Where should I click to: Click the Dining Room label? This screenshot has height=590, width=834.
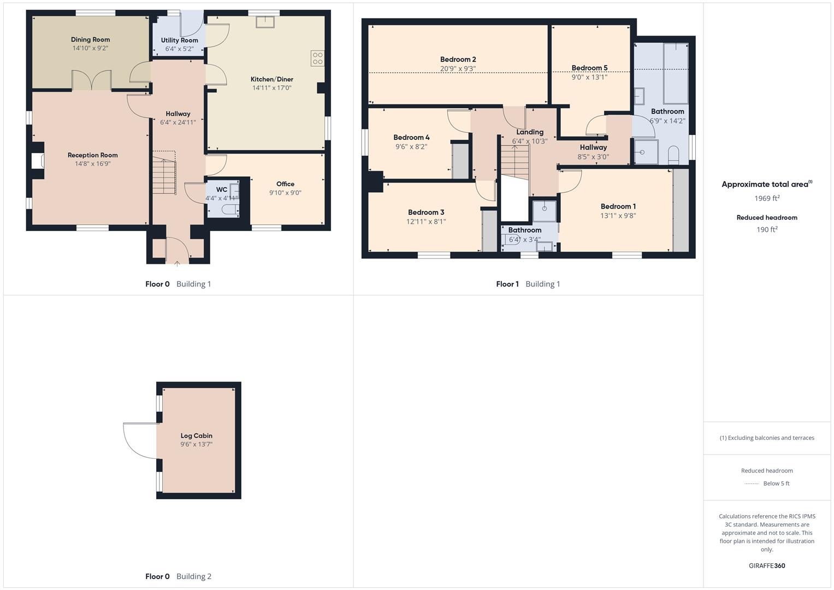90,39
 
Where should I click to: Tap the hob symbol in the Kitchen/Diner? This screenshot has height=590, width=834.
317,58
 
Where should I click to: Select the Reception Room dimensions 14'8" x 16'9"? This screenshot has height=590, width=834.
93,164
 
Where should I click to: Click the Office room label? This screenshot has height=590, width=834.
285,184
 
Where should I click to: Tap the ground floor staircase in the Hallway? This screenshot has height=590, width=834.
164,175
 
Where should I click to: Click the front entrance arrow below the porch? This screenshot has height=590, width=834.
177,264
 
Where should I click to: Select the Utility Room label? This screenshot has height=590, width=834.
179,40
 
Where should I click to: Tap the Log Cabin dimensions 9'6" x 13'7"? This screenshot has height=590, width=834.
196,445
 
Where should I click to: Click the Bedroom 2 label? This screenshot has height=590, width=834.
458,60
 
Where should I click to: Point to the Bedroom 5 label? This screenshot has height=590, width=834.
589,68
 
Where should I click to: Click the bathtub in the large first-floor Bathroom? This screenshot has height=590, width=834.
676,74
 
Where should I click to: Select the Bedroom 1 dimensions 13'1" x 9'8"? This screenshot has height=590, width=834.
618,215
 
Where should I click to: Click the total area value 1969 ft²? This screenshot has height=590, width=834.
767,198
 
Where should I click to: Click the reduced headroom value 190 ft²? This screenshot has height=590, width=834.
767,229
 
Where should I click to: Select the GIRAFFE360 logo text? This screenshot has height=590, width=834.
767,565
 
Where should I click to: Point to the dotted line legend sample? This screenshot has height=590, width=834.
752,483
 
